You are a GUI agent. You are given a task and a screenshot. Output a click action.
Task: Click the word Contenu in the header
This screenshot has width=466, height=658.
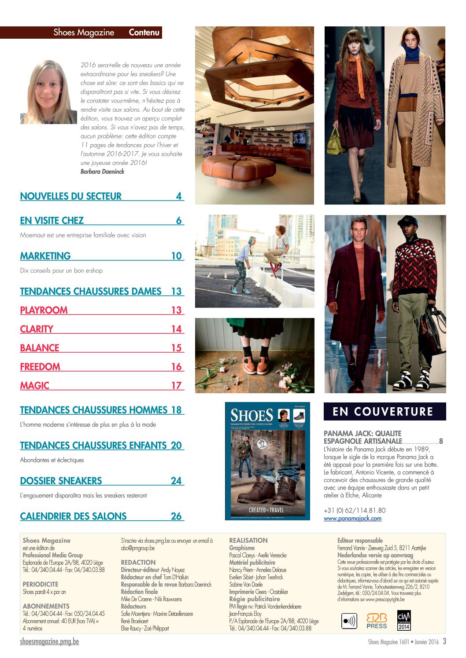tap(144, 33)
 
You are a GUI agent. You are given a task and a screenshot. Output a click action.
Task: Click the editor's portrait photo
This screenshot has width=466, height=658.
tap(48, 92)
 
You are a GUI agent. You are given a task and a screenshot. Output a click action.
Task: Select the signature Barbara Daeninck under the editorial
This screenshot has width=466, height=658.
tap(102, 172)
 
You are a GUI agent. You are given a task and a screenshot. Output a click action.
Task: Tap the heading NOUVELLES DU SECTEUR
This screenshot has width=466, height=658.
tap(71, 197)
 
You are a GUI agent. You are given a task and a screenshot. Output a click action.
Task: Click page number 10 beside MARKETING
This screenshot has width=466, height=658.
tap(176, 256)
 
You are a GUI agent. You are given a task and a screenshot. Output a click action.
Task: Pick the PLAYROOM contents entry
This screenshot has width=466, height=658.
tap(44, 311)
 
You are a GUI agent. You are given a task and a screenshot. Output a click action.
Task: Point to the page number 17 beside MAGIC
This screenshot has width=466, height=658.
tap(176, 386)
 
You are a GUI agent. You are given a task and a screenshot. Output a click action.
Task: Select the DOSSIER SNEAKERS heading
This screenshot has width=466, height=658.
tap(61, 481)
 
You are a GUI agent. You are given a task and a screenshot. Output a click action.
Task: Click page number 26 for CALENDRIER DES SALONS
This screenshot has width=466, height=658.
tap(176, 516)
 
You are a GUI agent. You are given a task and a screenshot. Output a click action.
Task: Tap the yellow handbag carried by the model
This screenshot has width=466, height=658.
tap(335, 141)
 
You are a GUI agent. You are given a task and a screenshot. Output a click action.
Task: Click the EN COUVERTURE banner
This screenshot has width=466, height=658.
tap(385, 412)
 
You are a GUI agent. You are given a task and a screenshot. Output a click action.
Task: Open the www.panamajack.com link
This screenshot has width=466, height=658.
tap(352, 519)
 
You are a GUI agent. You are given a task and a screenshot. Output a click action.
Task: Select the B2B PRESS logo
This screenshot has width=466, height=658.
tap(377, 621)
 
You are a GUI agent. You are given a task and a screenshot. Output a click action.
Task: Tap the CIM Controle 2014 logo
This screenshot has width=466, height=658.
tap(404, 620)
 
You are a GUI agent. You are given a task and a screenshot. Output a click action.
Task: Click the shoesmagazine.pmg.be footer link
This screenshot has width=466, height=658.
tap(49, 642)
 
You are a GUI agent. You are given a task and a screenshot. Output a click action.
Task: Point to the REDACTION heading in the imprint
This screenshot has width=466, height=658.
tap(138, 563)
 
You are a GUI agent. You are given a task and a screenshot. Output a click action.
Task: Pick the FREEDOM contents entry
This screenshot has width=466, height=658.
tap(40, 367)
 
